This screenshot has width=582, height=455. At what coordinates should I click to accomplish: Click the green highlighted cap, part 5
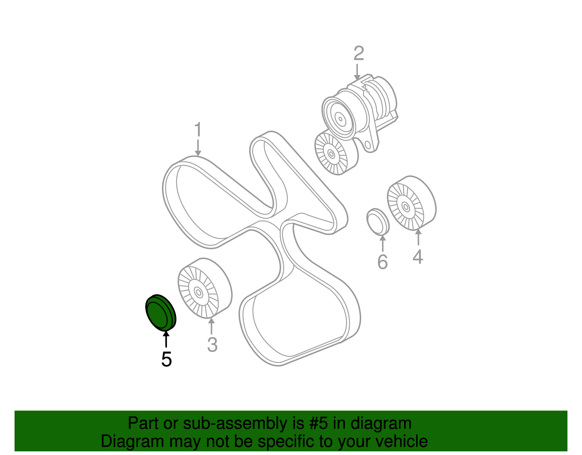point(160,313)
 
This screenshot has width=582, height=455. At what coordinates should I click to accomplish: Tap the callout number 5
point(166,359)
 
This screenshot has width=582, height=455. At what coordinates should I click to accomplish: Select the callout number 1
point(198,129)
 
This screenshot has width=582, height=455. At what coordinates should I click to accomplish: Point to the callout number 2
point(359,53)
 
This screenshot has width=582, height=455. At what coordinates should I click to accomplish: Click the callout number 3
point(212,345)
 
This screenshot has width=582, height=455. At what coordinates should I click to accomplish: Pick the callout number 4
point(418,256)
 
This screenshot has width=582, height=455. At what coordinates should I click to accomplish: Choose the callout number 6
point(382,262)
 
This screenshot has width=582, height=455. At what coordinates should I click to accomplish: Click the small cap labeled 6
point(378,222)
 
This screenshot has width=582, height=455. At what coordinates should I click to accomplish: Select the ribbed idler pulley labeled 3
point(205,288)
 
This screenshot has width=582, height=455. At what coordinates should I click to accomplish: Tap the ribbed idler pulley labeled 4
point(412,203)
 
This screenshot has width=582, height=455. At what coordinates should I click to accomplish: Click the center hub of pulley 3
point(199,292)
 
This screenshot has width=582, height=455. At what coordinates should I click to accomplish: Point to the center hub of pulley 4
point(406,207)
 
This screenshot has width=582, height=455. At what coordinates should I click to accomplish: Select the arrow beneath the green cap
point(166,340)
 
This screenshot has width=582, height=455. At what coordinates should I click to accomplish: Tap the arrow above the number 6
point(383,243)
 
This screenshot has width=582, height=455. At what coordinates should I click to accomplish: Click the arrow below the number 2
point(357,72)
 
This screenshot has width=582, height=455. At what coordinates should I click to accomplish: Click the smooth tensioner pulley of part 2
point(339,118)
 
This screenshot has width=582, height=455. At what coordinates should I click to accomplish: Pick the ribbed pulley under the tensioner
point(336,154)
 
